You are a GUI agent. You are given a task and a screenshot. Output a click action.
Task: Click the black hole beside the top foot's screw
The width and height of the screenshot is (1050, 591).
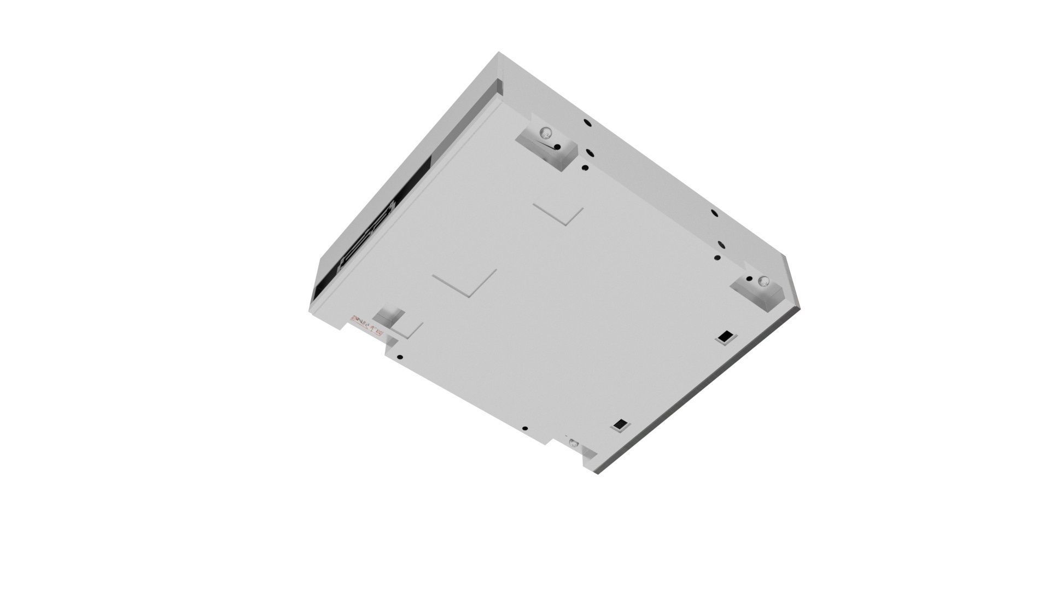[557, 147]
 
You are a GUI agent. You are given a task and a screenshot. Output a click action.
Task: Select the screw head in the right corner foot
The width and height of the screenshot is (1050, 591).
[762, 282]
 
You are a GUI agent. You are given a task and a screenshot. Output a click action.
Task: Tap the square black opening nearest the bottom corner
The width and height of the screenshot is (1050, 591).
[621, 424]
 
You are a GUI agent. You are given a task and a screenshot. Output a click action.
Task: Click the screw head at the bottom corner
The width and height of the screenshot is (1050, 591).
[573, 443]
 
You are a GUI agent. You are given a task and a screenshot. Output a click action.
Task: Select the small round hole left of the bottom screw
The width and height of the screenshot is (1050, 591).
[525, 428]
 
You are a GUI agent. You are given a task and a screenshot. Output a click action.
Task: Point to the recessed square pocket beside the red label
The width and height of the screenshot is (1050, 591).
[389, 316]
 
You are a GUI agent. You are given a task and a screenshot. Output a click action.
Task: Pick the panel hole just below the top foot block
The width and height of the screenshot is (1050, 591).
[585, 167]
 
